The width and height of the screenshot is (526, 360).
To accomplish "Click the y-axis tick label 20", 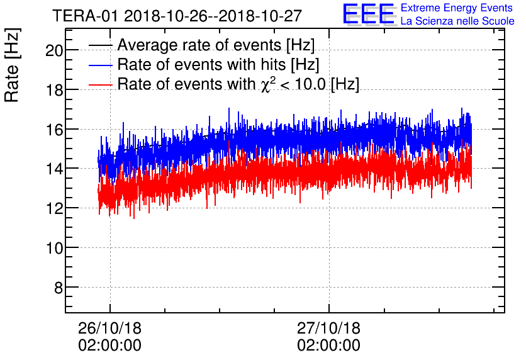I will pos(54,50).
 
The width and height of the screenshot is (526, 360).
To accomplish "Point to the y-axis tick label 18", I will pos(54,90).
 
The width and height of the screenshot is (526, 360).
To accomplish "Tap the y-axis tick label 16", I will pos(54,130).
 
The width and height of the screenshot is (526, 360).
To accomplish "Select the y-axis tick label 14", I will pos(54,169).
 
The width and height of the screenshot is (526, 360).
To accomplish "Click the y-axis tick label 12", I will pos(54,208).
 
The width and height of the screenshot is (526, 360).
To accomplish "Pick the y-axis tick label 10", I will pos(54,248).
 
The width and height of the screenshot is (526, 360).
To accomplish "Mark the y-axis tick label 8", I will pos(58,288).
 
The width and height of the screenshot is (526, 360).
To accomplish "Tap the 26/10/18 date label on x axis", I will pos(109,329).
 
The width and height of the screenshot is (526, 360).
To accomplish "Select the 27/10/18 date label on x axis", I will pos(328,329).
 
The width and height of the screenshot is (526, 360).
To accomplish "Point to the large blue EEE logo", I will pos(369,14).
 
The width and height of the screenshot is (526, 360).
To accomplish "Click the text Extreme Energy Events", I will pos(457,8).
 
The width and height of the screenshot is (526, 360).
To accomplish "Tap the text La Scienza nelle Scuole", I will pos(457,21).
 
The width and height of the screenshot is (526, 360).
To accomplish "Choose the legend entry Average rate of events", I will pos(216,45).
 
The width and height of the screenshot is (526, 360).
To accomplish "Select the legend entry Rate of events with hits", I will pos(218,65).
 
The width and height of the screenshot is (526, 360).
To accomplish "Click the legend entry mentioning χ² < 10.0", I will pos(238,84).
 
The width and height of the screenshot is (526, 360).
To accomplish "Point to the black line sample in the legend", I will pos(101,45).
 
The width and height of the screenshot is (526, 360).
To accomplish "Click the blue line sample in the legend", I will pos(101,65).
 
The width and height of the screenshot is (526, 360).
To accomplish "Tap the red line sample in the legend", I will pos(101,84).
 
